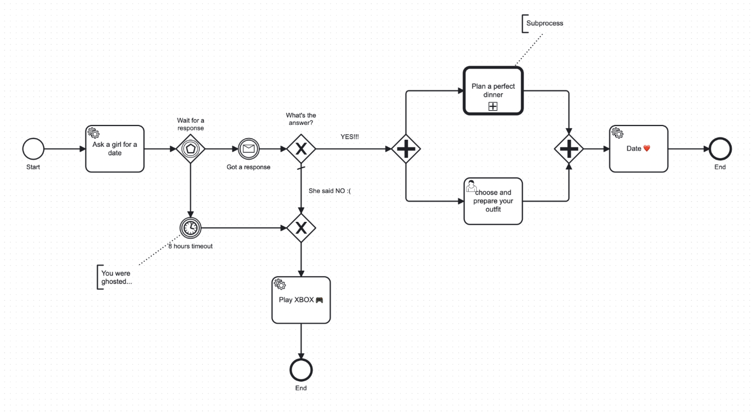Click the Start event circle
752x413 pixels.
(33, 148)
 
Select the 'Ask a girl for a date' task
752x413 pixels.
(115, 148)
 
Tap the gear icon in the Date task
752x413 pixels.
(617, 133)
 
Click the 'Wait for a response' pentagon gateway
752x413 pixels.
(190, 148)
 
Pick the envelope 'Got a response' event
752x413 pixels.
(248, 148)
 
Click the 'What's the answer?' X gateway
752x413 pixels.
(301, 148)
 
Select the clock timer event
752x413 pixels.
(190, 227)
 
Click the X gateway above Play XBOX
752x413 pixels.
(301, 227)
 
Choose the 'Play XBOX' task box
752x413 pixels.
(301, 300)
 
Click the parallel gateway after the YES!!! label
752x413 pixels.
(406, 148)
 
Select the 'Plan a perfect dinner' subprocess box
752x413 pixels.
(493, 90)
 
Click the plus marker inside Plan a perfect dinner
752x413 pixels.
(493, 107)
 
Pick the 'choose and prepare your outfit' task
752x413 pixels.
(493, 201)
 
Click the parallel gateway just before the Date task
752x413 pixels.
(569, 148)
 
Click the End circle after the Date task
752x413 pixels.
(719, 148)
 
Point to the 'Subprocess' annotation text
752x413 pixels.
(544, 24)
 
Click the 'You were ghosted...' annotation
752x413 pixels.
(116, 277)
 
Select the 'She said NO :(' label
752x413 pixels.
(329, 191)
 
